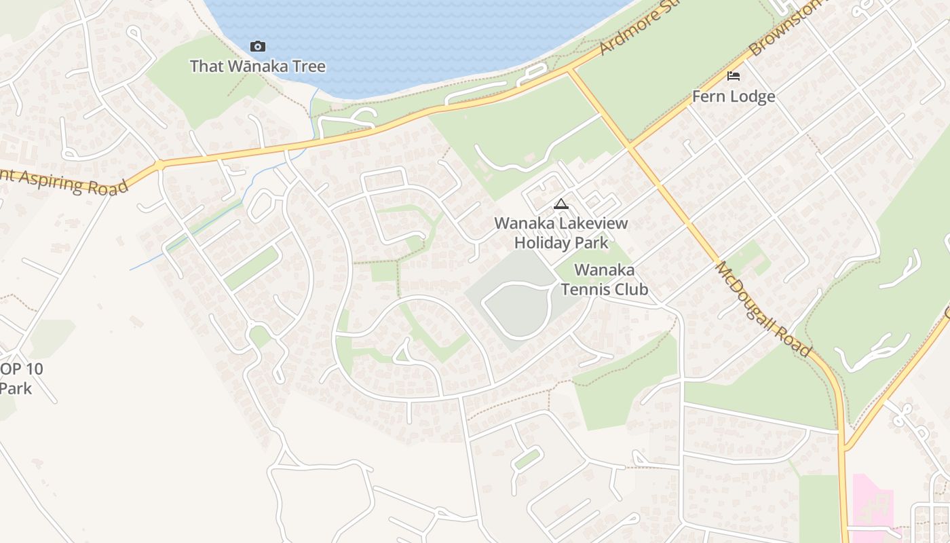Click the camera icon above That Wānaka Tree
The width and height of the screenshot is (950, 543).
click(x=258, y=46)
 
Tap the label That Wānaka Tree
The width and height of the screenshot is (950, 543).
click(x=258, y=67)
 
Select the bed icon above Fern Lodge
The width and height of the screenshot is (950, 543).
click(x=734, y=75)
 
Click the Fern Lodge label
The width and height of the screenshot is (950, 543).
click(x=734, y=96)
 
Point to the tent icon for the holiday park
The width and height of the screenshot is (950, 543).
click(x=561, y=204)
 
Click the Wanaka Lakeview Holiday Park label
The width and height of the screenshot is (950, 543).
click(x=561, y=232)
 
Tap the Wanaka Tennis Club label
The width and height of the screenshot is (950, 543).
click(x=604, y=280)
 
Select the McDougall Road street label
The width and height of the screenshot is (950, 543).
click(x=763, y=309)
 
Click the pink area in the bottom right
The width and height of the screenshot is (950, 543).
click(x=871, y=502)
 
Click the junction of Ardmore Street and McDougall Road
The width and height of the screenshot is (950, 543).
click(x=570, y=70)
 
